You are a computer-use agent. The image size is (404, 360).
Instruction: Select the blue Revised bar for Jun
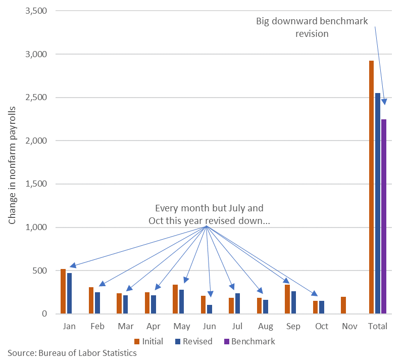209,309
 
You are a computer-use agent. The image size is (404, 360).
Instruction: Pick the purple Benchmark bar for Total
384,216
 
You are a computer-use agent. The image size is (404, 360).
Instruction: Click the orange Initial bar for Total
371,187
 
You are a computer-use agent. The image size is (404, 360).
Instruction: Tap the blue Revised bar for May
181,302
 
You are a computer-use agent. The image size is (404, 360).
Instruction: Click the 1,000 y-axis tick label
36,227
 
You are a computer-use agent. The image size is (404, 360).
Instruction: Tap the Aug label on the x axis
266,326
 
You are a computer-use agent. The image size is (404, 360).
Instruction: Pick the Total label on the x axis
378,326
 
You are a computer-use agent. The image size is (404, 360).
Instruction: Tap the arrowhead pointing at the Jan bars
72,265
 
